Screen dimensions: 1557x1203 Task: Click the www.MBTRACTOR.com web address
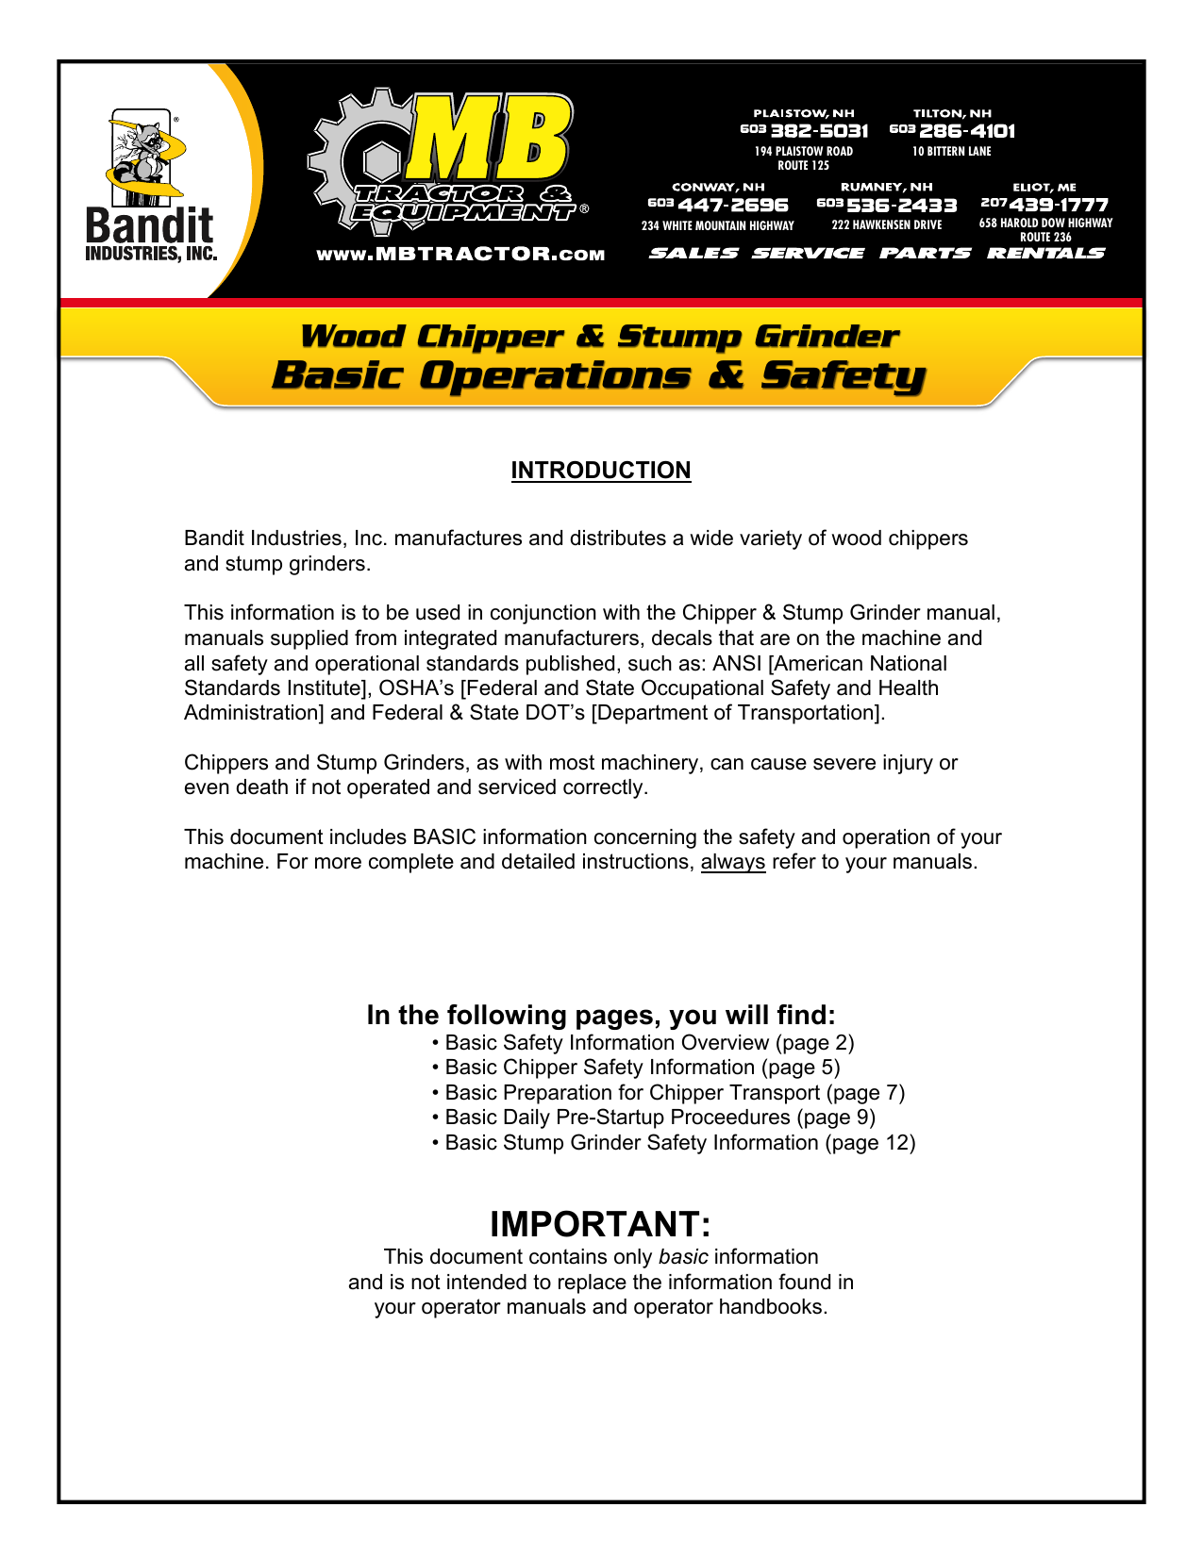coord(460,255)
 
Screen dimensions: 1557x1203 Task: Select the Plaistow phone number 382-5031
coord(818,131)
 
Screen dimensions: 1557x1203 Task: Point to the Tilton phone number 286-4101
coord(966,131)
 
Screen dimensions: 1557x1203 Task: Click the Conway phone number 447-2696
coord(732,206)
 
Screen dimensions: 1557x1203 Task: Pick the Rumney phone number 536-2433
coord(901,206)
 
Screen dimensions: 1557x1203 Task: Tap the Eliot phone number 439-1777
coord(1058,206)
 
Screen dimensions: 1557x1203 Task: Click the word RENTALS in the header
coord(1045,253)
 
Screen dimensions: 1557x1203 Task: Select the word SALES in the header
coord(693,253)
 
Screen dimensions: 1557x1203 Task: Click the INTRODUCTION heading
coord(601,471)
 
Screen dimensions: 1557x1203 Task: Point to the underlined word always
coord(732,862)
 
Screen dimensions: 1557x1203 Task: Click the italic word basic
coord(683,1257)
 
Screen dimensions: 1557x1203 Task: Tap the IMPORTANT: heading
coord(600,1224)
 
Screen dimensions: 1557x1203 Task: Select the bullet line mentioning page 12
coord(674,1143)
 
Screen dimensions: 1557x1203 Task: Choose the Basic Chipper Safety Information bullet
coord(636,1068)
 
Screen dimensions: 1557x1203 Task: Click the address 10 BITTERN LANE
coord(951,152)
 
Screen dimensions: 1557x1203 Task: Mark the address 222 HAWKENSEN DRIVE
coord(887,225)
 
